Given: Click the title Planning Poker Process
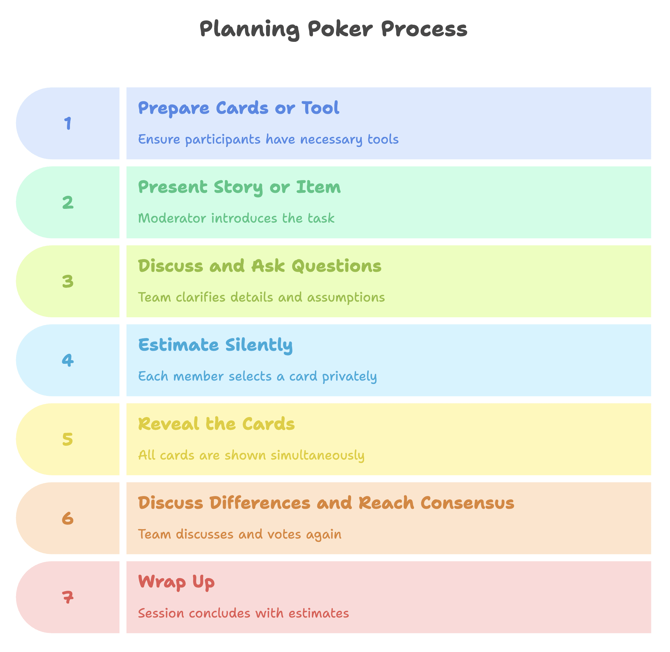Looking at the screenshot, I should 333,29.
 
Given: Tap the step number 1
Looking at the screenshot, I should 68,123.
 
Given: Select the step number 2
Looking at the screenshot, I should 68,202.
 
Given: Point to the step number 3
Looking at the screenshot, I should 68,281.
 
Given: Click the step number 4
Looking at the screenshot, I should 68,360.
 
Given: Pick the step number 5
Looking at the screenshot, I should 68,439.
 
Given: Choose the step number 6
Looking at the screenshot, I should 68,518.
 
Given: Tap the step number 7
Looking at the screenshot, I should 68,597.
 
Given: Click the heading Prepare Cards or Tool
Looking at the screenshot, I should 239,108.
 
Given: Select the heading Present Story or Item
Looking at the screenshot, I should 239,187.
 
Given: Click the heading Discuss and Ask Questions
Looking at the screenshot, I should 259,266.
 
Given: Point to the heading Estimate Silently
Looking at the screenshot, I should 215,345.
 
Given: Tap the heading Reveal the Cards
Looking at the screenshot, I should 217,424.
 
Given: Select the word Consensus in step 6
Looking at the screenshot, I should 467,503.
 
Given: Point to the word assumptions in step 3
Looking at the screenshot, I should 346,298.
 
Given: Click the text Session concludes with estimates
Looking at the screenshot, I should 243,613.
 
